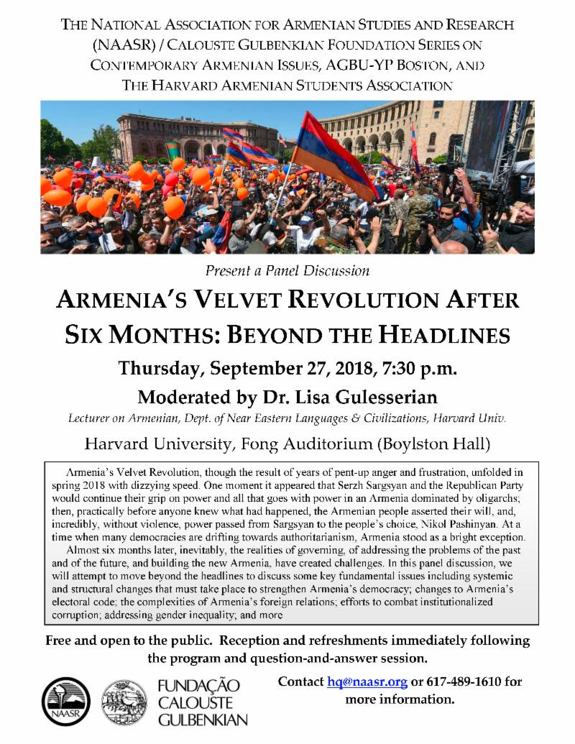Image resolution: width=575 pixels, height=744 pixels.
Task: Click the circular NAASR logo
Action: tap(66, 702)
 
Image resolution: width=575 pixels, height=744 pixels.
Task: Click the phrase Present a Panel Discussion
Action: tap(287, 271)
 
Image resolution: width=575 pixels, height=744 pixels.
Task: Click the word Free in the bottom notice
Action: tap(60, 640)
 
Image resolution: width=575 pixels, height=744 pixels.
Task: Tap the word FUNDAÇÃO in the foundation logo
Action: tap(198, 685)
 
